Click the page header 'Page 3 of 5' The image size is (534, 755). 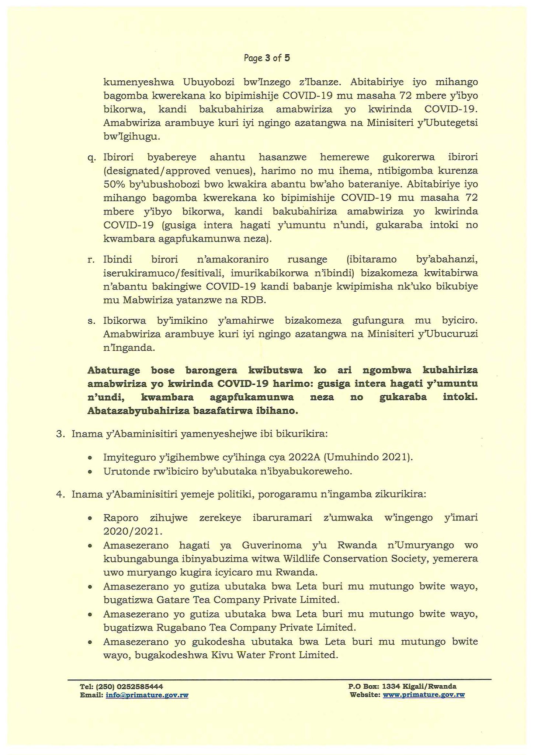point(267,58)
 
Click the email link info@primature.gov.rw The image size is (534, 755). point(147,695)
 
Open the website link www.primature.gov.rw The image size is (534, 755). point(424,695)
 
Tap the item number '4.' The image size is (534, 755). point(60,494)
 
